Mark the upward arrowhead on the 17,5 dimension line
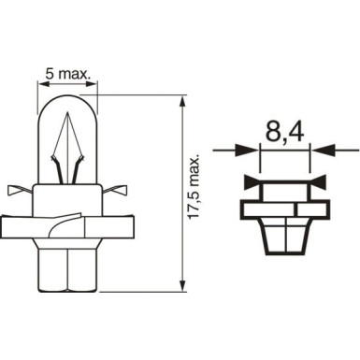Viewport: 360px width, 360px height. pos(180,100)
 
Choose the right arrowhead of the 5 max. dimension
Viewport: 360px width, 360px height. pos(94,82)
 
